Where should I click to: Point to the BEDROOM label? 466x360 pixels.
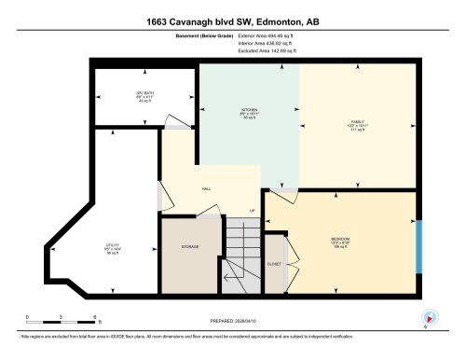340,239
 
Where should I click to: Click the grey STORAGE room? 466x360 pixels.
191,248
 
